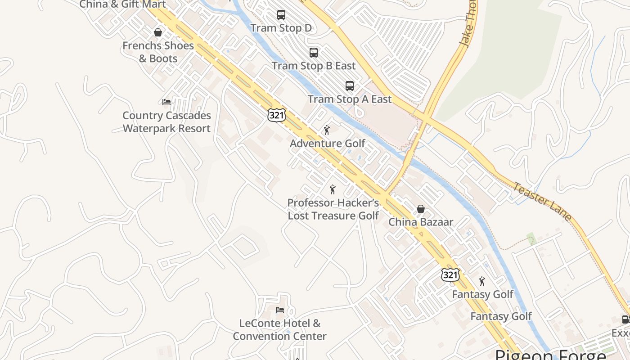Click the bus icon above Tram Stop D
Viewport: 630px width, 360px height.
click(281, 15)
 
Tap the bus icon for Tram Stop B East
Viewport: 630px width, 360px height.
click(314, 53)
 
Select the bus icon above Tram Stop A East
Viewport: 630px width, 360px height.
click(350, 86)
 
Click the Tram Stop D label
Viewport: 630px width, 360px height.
click(281, 28)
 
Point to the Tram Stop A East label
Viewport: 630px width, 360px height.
click(350, 99)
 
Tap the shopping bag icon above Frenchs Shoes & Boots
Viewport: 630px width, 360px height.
click(158, 32)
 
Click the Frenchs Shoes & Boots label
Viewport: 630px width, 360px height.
click(158, 52)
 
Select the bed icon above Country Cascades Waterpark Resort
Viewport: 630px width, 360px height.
click(166, 102)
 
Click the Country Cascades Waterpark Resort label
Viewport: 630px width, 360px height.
click(166, 122)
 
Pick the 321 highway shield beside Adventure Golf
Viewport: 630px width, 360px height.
click(276, 115)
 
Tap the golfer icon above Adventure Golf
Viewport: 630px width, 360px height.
click(327, 130)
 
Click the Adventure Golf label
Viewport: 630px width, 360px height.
click(328, 144)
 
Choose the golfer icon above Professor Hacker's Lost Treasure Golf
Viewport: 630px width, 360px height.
click(333, 189)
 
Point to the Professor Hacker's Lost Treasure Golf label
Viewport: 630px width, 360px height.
click(333, 209)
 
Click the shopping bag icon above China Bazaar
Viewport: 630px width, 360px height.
click(421, 209)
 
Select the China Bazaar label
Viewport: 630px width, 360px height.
click(421, 222)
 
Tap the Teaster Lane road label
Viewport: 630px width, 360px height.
click(542, 202)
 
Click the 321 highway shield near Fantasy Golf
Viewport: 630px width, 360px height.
click(450, 275)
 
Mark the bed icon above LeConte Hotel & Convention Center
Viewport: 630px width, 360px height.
click(280, 310)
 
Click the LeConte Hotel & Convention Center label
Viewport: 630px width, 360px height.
click(280, 329)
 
